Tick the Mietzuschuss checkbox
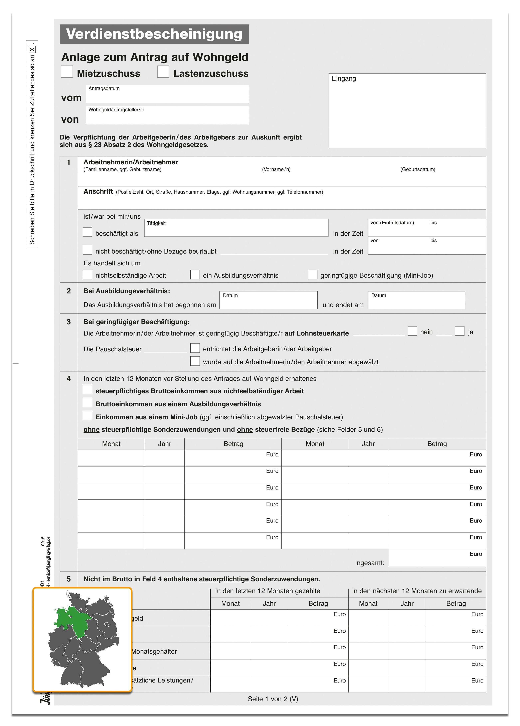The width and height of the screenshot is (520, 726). pos(67,72)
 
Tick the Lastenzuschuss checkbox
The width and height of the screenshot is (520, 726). pos(163,72)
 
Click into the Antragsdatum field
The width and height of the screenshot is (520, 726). pos(167,96)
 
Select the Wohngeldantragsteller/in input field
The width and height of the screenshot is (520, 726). pos(167,117)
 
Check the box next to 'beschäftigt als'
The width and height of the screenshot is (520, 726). pos(87,232)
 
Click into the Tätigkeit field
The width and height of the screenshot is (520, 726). pos(236,230)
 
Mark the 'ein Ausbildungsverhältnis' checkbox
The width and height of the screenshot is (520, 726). pos(195,275)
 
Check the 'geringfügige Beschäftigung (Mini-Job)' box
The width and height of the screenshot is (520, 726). pos(312,275)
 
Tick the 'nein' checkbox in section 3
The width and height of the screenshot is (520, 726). pos(412,331)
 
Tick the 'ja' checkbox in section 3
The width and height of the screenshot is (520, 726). pos(460,331)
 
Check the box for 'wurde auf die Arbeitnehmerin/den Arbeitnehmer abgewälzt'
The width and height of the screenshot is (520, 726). pos(195,361)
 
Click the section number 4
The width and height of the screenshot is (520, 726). pos(69,378)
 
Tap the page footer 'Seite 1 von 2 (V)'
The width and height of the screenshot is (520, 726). pos(273,699)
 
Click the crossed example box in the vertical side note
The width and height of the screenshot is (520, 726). pos(32,50)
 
